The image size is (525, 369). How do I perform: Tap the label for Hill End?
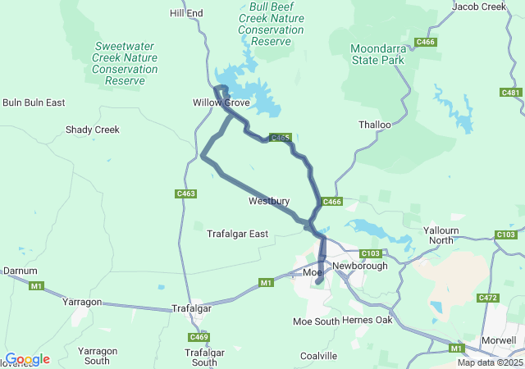tap(186, 13)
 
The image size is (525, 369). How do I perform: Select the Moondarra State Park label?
tap(378, 54)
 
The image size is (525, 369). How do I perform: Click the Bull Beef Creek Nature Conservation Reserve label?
tap(271, 23)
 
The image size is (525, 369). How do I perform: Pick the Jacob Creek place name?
tap(479, 7)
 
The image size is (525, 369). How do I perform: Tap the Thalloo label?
tap(375, 125)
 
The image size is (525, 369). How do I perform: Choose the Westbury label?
tap(268, 201)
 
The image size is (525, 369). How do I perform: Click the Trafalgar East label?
tap(237, 234)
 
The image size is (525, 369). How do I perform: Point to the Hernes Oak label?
tap(367, 320)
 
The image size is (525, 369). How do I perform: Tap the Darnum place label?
tap(21, 270)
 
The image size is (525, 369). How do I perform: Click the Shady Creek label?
tap(93, 130)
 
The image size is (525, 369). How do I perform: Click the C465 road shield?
tap(281, 138)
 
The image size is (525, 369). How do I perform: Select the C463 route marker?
tap(186, 194)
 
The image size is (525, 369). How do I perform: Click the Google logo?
tap(27, 359)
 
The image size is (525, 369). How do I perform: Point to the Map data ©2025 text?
tap(490, 362)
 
